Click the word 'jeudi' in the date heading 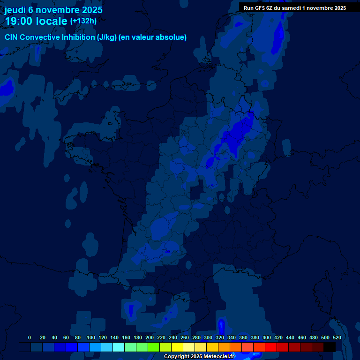pyautogui.click(x=15, y=10)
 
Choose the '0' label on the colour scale pyautogui.click(x=30, y=337)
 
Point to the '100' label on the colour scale pyautogui.click(x=91, y=337)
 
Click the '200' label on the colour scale pyautogui.click(x=150, y=337)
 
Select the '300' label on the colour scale pyautogui.click(x=208, y=337)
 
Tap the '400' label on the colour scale pyautogui.click(x=267, y=337)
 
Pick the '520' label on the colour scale pyautogui.click(x=337, y=337)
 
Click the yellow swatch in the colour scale pyautogui.click(x=177, y=347)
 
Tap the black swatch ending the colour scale pyautogui.click(x=330, y=347)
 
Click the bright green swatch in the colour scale pyautogui.click(x=154, y=347)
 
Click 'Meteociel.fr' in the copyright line pyautogui.click(x=218, y=357)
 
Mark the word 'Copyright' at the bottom pyautogui.click(x=176, y=357)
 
